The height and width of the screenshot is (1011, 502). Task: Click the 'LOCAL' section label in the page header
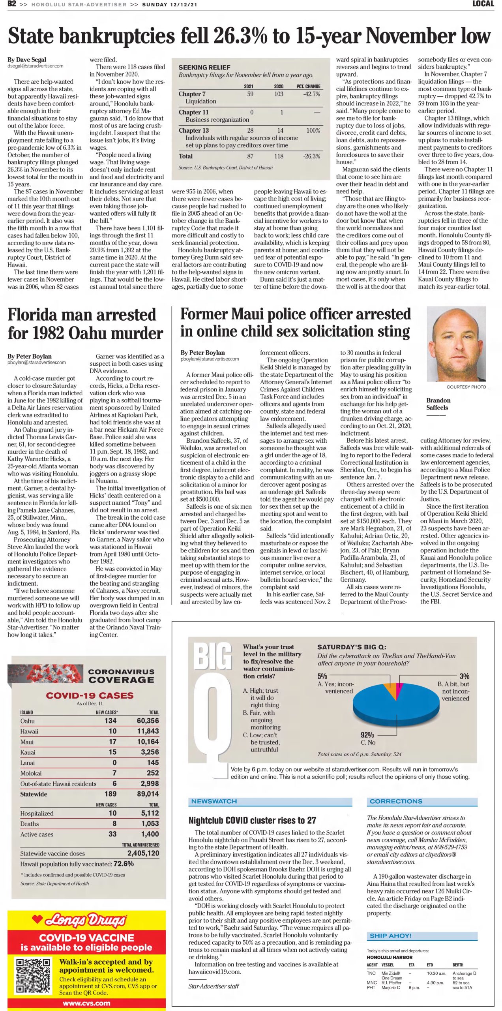[483, 4]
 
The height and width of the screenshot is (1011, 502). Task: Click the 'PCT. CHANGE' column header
[308, 86]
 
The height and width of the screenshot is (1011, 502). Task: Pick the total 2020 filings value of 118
[279, 156]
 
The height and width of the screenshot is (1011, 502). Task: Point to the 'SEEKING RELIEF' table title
[204, 68]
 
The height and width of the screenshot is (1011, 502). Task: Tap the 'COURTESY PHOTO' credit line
[466, 387]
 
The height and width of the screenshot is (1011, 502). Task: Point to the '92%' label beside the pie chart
[367, 735]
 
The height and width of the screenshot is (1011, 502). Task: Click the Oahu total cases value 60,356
[148, 721]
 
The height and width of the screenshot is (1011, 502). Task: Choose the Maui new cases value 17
[112, 742]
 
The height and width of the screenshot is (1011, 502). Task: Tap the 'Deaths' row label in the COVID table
[30, 824]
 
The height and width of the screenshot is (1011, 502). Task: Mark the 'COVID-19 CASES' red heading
[90, 695]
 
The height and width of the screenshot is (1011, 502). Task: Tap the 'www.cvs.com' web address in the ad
[86, 1003]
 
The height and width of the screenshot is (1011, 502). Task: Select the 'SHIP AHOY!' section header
[390, 936]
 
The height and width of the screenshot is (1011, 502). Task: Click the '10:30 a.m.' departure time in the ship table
[436, 973]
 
